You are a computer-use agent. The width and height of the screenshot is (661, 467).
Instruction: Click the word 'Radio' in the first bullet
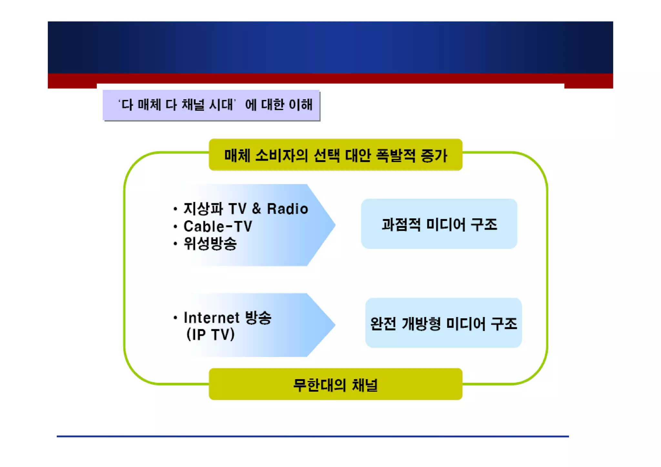[x=287, y=209]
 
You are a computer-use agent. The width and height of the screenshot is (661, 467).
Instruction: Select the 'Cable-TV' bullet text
[x=218, y=226]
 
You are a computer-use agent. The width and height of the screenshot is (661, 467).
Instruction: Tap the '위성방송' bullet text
[x=210, y=244]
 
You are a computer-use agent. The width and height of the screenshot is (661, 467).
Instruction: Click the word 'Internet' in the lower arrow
[x=211, y=318]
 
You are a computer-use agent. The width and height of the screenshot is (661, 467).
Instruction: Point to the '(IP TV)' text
[x=210, y=334]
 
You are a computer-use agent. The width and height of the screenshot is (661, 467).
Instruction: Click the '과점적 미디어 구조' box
[x=439, y=224]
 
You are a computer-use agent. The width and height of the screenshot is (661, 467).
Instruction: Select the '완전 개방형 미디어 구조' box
[x=443, y=323]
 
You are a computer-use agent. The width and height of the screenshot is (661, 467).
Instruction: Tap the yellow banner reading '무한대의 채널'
[x=335, y=384]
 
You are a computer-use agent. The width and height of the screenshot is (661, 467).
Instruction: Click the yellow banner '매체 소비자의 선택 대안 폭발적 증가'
[x=335, y=155]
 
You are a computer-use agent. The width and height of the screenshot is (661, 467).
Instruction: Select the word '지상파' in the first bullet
[x=203, y=209]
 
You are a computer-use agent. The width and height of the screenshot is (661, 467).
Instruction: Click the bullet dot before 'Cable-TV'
[x=175, y=227]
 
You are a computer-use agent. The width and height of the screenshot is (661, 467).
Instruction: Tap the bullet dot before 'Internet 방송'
[x=175, y=318]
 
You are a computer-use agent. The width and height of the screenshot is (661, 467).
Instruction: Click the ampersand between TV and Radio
[x=256, y=209]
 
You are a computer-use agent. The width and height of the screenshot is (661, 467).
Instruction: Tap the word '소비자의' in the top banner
[x=281, y=155]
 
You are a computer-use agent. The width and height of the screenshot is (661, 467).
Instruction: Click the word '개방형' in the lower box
[x=421, y=323]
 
